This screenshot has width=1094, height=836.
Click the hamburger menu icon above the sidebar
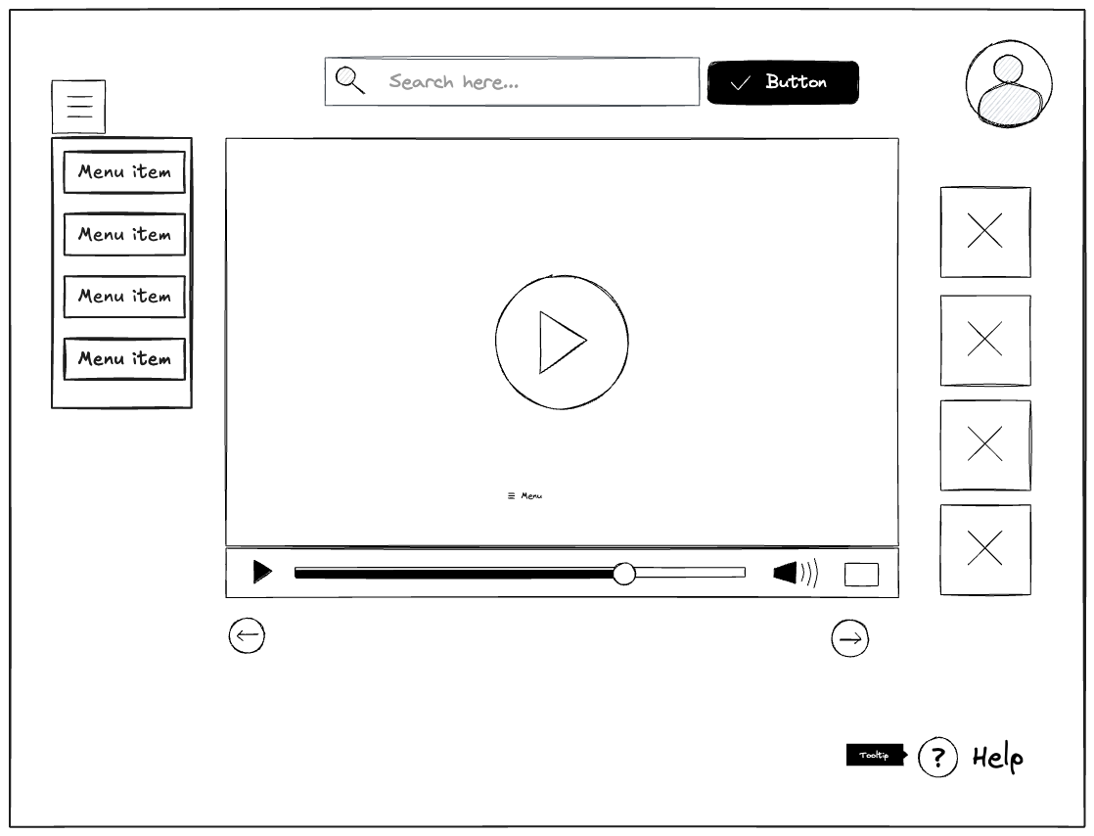(79, 106)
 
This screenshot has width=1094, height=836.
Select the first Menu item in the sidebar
(124, 171)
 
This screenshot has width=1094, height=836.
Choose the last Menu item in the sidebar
(124, 358)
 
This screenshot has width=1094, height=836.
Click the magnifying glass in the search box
(349, 80)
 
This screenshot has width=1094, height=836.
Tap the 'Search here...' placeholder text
(453, 81)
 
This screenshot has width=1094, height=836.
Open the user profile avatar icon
(1009, 84)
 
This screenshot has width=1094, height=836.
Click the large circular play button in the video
(562, 342)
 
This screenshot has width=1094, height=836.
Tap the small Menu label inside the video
(524, 495)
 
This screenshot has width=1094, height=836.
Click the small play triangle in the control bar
(262, 572)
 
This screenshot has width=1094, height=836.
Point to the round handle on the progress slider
(623, 574)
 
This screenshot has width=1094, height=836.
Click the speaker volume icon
(796, 573)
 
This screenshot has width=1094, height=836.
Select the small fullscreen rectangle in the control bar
(861, 575)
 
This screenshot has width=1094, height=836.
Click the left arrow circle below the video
(247, 635)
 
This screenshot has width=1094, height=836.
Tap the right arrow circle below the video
(849, 638)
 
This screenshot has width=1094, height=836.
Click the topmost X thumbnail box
(985, 232)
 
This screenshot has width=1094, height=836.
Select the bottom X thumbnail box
(985, 549)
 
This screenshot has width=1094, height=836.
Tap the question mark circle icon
(937, 757)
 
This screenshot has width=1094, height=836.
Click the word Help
(998, 758)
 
